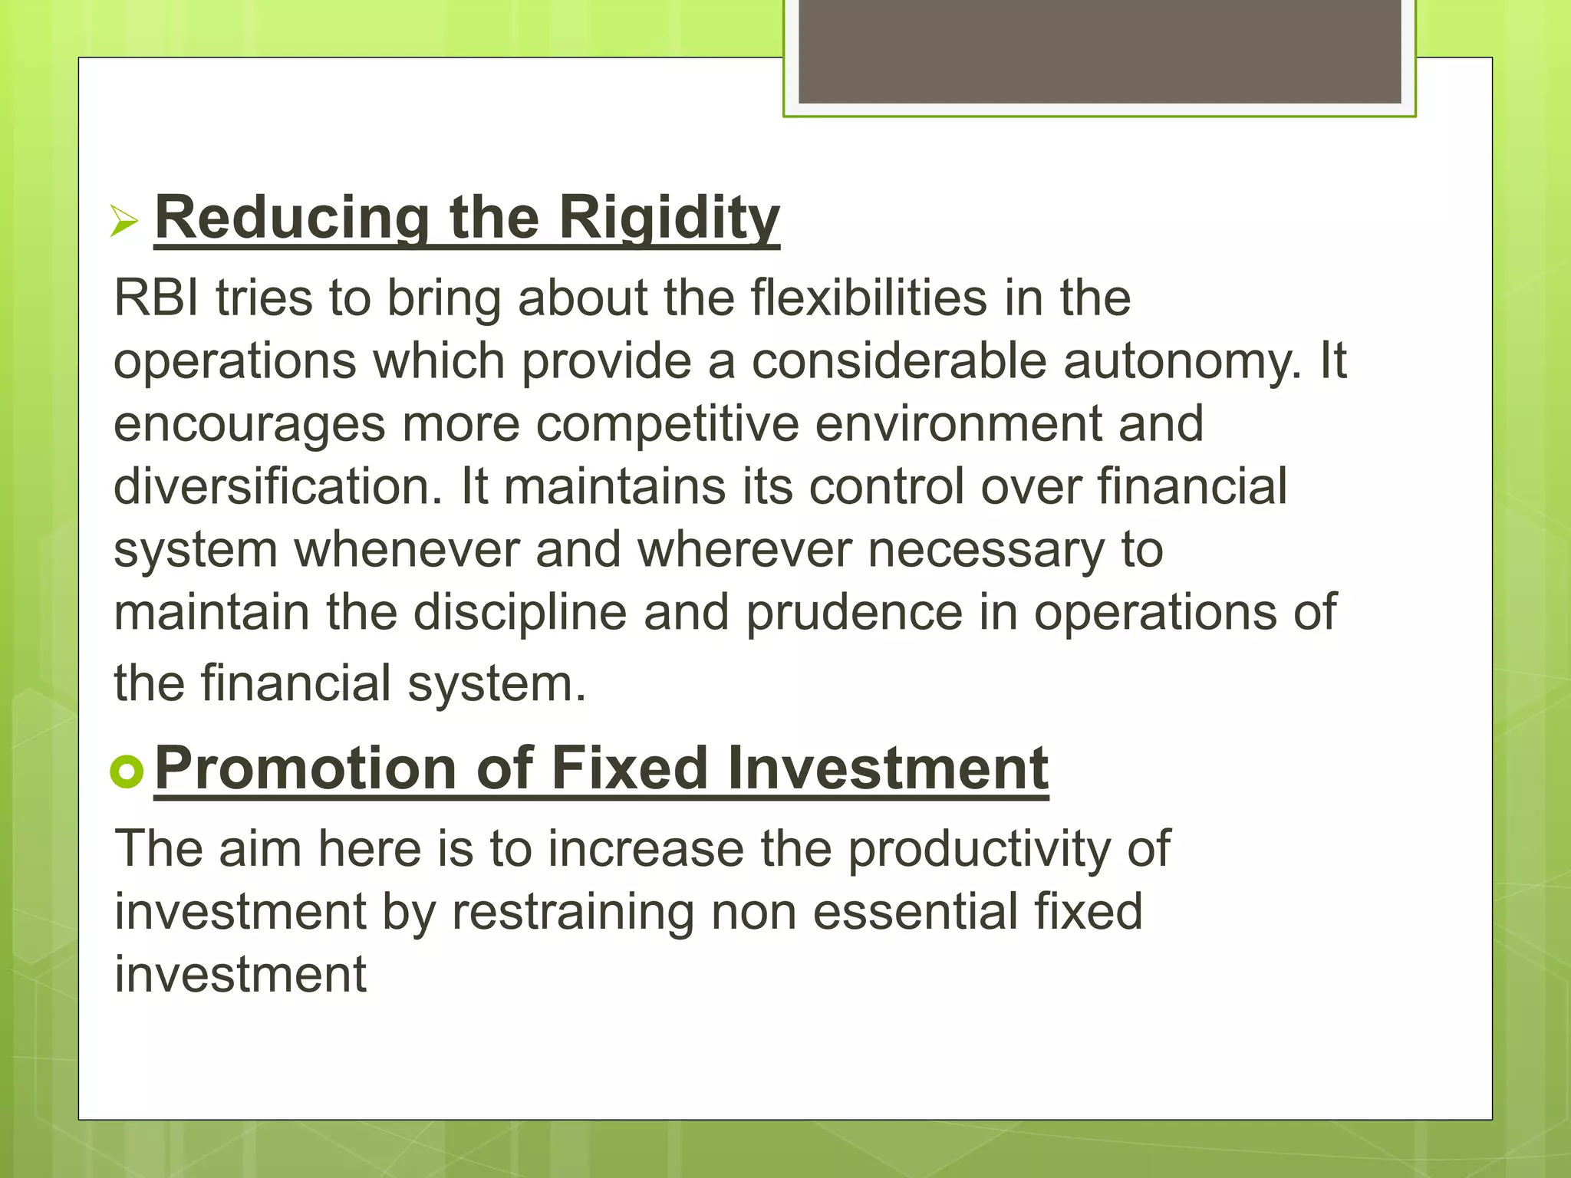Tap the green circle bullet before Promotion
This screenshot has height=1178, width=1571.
pos(127,771)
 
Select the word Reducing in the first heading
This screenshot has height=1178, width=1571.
pos(292,219)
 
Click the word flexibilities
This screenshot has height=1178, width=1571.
pos(868,298)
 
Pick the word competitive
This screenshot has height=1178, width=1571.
pos(667,425)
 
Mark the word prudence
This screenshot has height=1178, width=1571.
pos(854,613)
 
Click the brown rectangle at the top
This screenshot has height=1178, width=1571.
pos(1099,51)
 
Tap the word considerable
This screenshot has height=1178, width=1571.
pos(898,360)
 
